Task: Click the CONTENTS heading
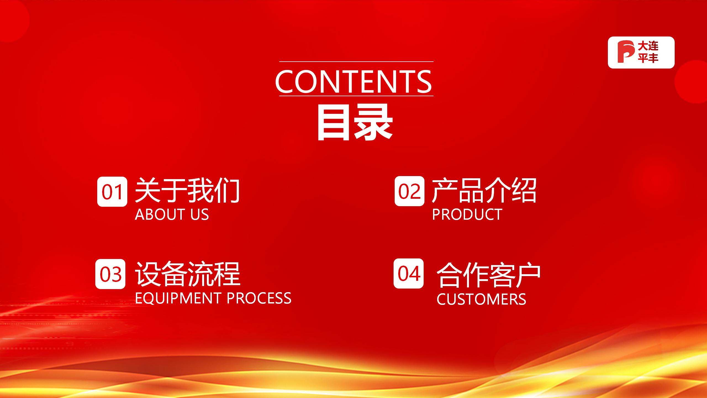(353, 81)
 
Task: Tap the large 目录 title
(355, 122)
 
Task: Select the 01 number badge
(112, 192)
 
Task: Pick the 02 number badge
(409, 191)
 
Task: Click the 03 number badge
(110, 274)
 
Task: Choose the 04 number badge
(408, 274)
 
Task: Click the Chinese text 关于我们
(187, 190)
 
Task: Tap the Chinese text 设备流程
(188, 274)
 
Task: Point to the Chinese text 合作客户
(488, 275)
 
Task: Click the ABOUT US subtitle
(172, 214)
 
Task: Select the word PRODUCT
(467, 214)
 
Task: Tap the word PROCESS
(259, 298)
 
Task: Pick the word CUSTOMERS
(481, 299)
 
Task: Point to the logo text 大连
(648, 46)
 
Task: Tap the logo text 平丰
(648, 58)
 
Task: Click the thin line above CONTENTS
(356, 61)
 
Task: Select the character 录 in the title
(374, 122)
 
